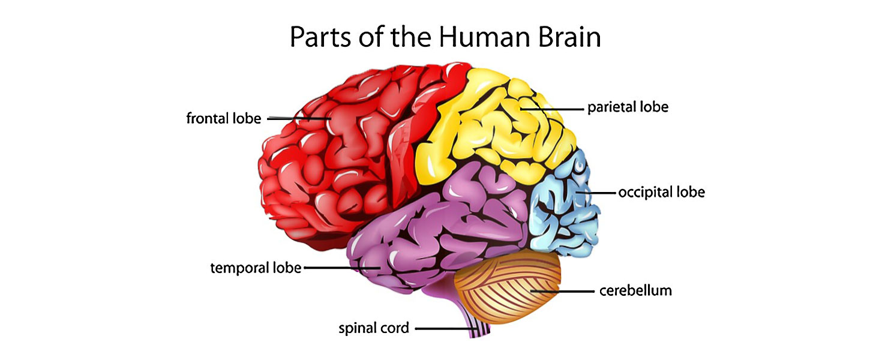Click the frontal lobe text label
tap(224, 118)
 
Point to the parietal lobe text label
tap(628, 107)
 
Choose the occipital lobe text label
tap(661, 193)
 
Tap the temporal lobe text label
tap(256, 268)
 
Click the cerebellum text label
tap(635, 291)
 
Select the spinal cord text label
tap(374, 328)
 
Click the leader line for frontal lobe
tap(297, 118)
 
